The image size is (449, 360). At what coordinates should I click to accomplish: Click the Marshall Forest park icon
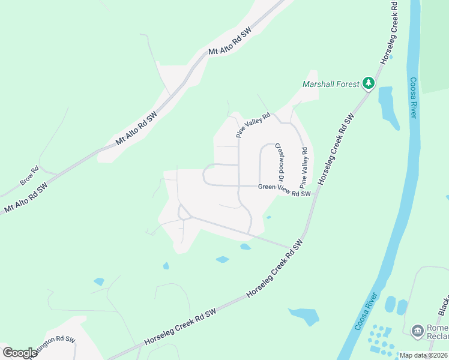click(369, 84)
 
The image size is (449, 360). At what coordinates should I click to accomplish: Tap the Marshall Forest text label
click(331, 85)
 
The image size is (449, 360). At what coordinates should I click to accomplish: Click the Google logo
click(19, 352)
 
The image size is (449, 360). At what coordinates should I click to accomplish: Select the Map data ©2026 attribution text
click(423, 355)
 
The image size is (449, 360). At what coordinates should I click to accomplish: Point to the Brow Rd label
click(29, 175)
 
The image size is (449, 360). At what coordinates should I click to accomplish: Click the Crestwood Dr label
click(279, 161)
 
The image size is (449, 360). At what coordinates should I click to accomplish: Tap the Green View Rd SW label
click(285, 190)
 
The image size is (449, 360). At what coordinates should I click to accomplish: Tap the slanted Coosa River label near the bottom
click(367, 312)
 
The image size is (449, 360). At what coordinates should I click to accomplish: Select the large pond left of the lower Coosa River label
click(304, 316)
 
